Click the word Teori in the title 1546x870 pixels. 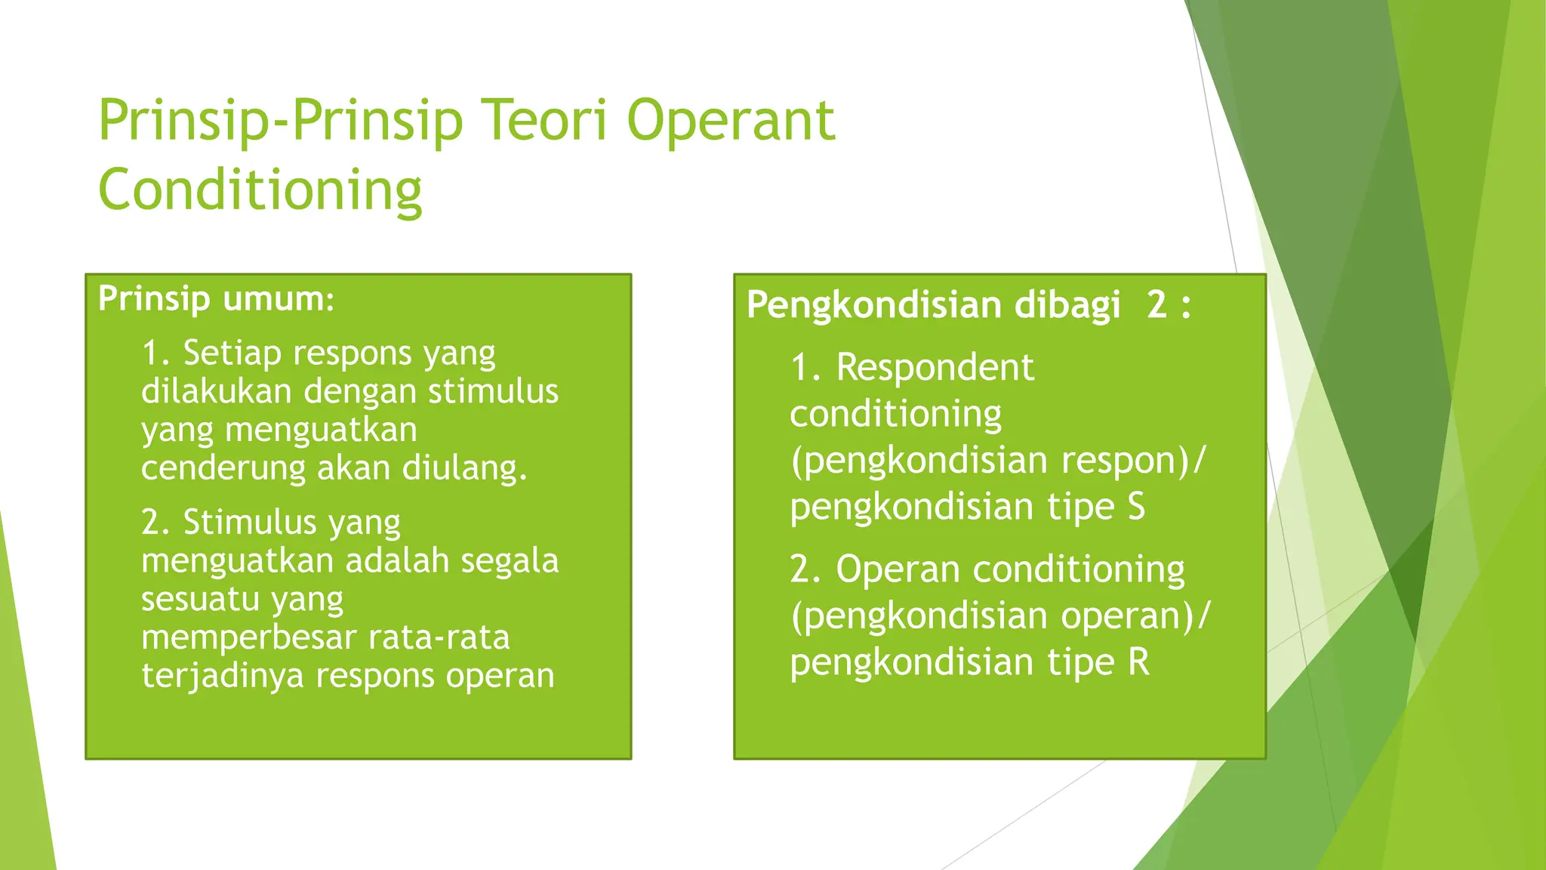click(544, 121)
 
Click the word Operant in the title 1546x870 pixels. click(731, 121)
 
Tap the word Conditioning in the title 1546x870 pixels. click(260, 190)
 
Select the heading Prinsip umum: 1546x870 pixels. click(216, 299)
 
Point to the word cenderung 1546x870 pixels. click(223, 468)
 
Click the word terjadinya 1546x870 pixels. click(223, 676)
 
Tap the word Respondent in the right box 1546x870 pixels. click(935, 368)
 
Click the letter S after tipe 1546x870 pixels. click(1136, 507)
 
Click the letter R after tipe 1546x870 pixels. click(1138, 662)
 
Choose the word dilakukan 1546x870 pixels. click(216, 392)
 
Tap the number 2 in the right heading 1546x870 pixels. click(1156, 305)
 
